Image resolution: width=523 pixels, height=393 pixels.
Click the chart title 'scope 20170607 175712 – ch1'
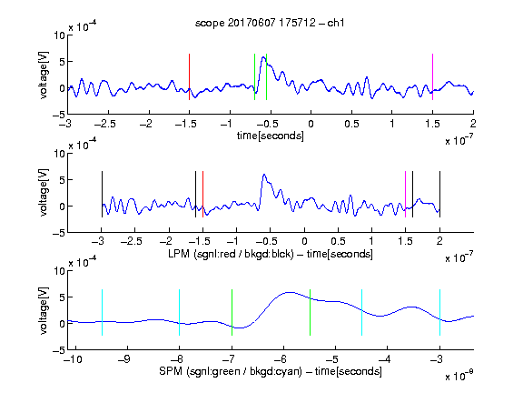pos(270,23)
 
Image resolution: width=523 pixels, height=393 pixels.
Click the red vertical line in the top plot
pos(189,76)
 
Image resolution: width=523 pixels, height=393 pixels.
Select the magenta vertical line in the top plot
pos(432,76)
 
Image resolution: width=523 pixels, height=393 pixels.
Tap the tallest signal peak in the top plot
pos(263,57)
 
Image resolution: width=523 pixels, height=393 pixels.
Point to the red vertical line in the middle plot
pos(202,194)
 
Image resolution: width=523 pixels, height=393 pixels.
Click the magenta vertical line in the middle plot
pos(405,194)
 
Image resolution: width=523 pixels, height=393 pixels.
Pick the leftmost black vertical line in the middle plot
pos(102,194)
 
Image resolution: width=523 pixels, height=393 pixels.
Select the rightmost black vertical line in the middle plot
pos(439,194)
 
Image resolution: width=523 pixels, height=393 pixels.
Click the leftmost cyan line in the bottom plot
pos(102,312)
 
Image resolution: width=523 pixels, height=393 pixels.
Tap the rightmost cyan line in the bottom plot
pos(439,312)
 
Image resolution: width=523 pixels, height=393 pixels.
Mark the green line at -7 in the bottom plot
pos(232,312)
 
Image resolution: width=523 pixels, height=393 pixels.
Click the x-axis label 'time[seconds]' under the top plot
pos(271,136)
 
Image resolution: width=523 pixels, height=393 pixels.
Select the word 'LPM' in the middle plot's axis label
pos(179,254)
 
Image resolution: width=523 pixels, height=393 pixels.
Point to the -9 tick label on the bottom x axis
pos(124,359)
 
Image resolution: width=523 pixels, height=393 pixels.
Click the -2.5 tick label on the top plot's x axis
pos(105,124)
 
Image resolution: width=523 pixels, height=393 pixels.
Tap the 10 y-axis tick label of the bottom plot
pos(60,271)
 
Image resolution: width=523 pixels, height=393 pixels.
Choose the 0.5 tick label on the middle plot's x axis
pos(338,241)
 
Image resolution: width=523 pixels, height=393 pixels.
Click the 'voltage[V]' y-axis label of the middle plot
pos(44,193)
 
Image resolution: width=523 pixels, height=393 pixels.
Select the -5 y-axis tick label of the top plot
pos(59,115)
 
